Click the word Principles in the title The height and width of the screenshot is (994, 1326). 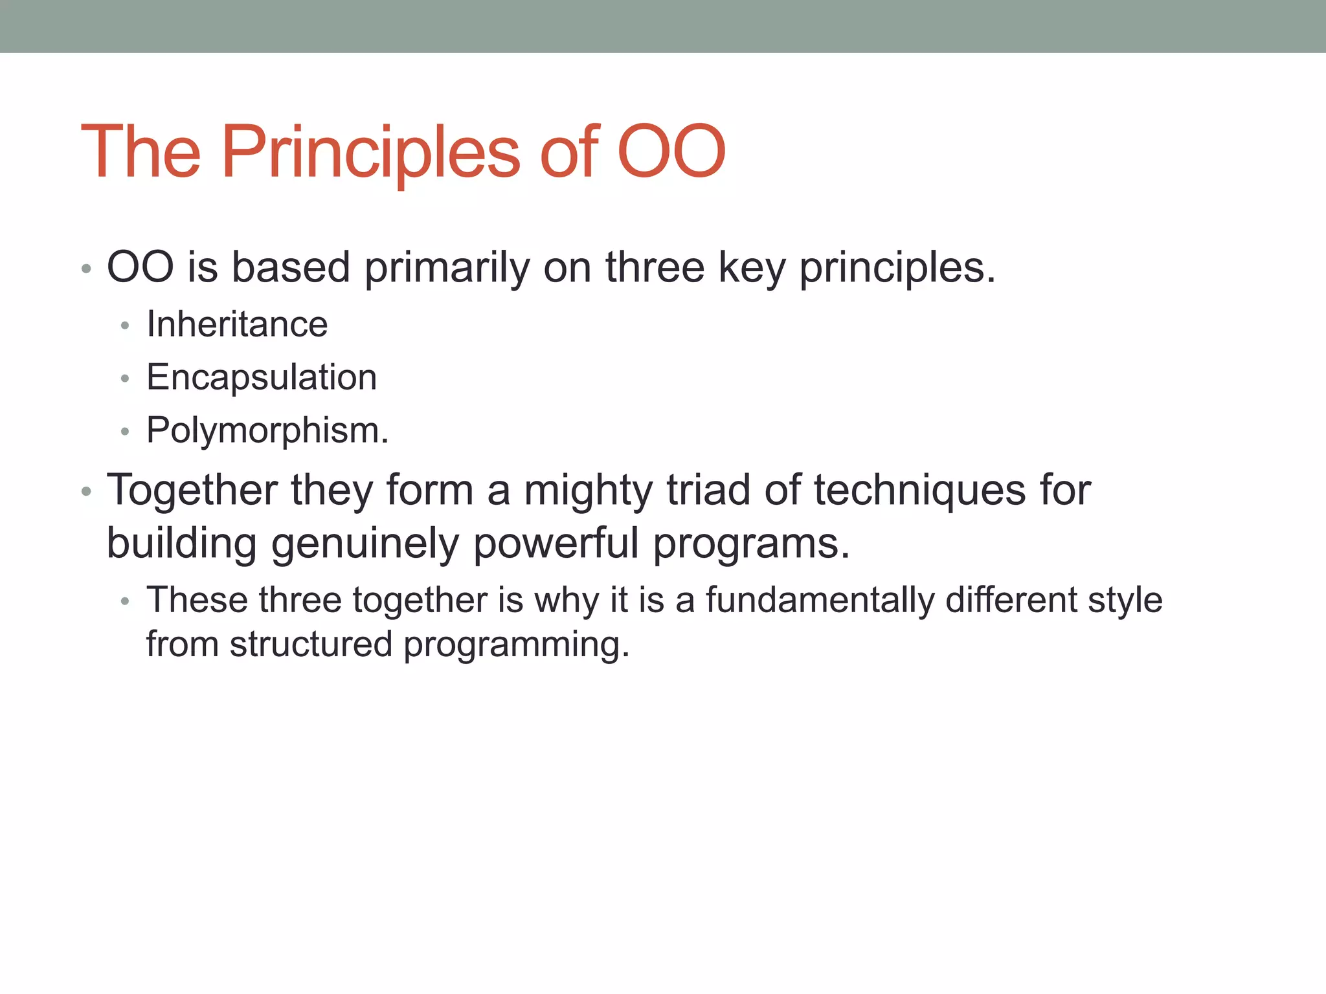coord(370,153)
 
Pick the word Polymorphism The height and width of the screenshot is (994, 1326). coord(267,430)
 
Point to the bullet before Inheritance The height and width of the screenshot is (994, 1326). coord(125,326)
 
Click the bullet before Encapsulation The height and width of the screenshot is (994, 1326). coord(125,379)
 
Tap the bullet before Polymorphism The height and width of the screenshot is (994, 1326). coord(125,432)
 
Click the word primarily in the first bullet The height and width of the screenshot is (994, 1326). coord(447,268)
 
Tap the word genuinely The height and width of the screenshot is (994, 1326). coord(365,544)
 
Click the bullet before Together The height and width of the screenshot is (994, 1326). coord(87,492)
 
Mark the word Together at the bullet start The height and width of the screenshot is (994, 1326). coord(192,491)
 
